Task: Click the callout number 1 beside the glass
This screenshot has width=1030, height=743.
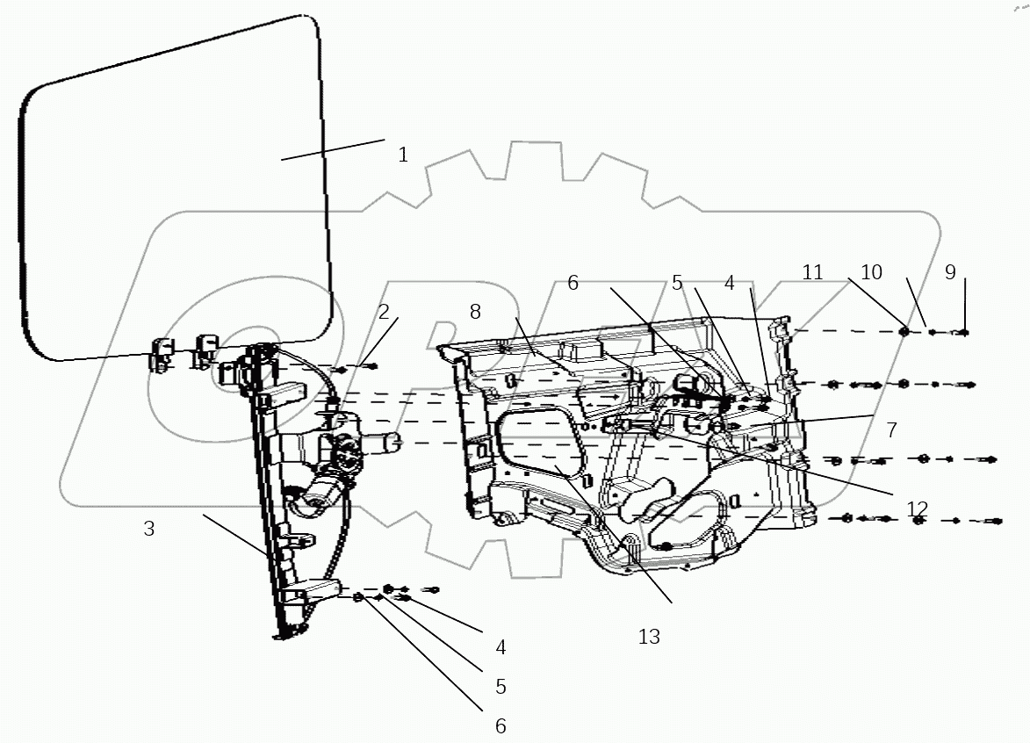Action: coord(402,155)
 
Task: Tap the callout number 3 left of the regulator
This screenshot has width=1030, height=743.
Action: coord(149,530)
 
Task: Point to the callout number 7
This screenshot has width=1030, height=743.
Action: coord(890,430)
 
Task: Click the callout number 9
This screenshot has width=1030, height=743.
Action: coord(950,272)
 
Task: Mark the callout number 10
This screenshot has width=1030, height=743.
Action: coord(871,272)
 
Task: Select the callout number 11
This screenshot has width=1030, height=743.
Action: coord(812,272)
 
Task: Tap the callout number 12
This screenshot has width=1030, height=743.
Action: coord(917,509)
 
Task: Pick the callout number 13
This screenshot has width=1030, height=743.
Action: coord(648,637)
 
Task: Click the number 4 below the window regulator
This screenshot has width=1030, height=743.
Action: coord(501,647)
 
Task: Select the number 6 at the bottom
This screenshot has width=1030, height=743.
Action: coord(501,725)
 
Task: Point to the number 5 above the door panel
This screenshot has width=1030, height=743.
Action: coord(677,283)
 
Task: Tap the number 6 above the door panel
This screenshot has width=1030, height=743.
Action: coord(573,283)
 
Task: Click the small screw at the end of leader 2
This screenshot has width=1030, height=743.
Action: coord(371,366)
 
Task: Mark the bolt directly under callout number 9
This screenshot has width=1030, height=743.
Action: coord(962,332)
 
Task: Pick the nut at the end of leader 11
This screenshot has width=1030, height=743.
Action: coord(903,331)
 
